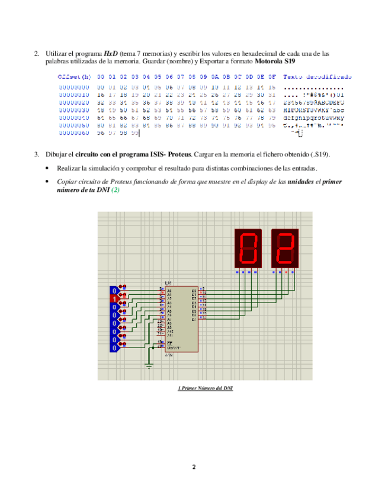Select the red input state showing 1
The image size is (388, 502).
pos(114,300)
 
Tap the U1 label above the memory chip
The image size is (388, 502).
pos(168,284)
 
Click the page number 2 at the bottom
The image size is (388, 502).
pos(194,467)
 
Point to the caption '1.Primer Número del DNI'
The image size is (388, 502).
pos(206,388)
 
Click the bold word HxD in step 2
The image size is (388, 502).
pos(110,53)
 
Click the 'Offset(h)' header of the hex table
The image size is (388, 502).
pos(74,77)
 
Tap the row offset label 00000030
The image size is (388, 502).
pos(73,110)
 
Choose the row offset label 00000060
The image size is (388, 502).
pos(73,133)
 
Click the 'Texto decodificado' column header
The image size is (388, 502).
pos(318,77)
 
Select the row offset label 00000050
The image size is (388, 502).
pos(73,125)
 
